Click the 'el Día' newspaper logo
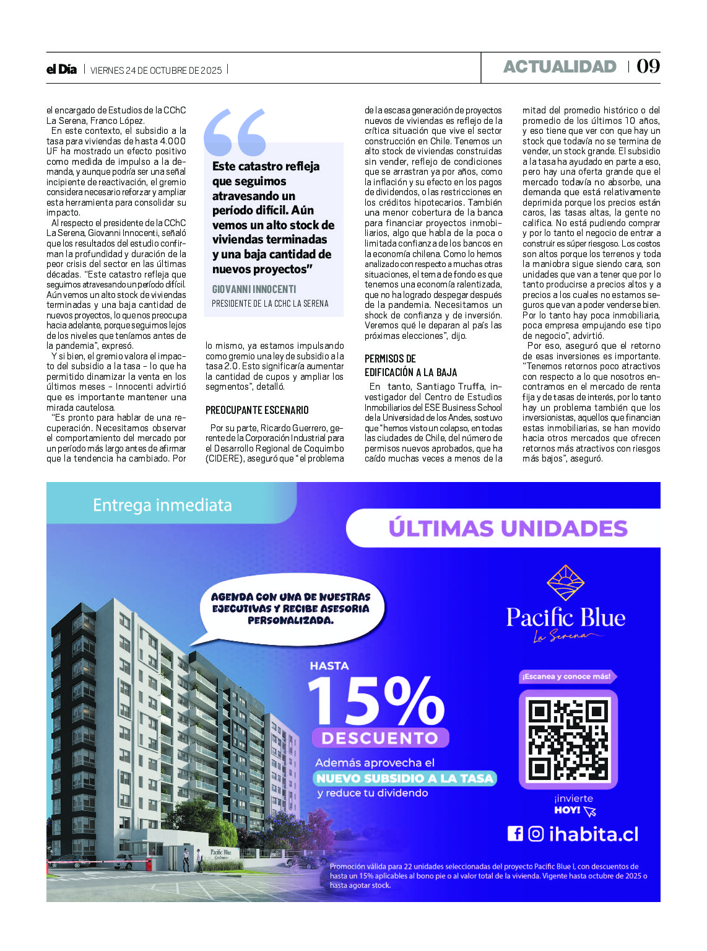61,69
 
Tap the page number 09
648,66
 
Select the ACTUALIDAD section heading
560,67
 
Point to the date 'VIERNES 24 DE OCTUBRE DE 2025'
156,71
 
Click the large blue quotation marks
235,132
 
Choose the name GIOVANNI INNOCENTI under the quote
254,289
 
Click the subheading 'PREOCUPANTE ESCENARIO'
257,410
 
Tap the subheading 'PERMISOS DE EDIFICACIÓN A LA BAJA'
410,366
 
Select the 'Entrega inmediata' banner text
162,506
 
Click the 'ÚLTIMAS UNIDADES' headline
508,528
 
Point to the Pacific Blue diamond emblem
565,583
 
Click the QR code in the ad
568,739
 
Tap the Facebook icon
515,834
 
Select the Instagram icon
536,834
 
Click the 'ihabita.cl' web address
593,835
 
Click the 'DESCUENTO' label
380,738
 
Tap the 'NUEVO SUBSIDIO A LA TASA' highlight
405,779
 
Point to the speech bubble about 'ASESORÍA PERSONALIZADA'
291,608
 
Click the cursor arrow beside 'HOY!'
589,811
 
